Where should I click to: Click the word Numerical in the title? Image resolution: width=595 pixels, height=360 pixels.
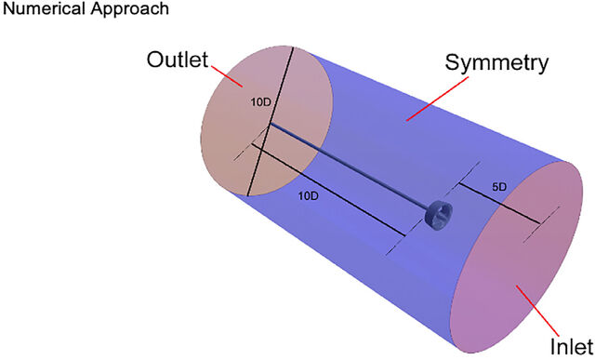[44, 8]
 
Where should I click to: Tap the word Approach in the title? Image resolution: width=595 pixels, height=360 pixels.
[129, 9]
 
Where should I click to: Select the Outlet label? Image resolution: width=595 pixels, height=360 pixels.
[178, 60]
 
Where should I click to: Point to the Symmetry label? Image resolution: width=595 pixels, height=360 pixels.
[496, 63]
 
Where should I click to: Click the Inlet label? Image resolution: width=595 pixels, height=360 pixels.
[572, 347]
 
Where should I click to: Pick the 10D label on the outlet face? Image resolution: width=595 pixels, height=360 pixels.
[260, 102]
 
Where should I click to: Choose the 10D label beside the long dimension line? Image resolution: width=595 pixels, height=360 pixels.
[308, 196]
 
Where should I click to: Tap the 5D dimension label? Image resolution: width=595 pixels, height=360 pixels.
[499, 187]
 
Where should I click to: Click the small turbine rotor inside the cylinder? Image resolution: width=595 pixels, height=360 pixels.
[439, 215]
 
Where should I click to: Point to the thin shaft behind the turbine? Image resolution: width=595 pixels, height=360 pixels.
[349, 166]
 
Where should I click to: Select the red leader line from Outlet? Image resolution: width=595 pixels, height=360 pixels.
[227, 76]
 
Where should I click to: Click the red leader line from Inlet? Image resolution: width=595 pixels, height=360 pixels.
[538, 311]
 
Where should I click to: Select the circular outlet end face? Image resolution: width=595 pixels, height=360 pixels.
[267, 121]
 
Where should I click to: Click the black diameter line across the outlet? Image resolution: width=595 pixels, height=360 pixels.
[271, 121]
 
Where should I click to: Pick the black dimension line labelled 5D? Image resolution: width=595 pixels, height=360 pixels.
[499, 204]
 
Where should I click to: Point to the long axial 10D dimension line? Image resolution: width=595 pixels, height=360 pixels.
[328, 189]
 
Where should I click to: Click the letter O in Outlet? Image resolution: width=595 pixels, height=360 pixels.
[156, 60]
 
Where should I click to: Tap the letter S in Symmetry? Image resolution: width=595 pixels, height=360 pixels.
[453, 62]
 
